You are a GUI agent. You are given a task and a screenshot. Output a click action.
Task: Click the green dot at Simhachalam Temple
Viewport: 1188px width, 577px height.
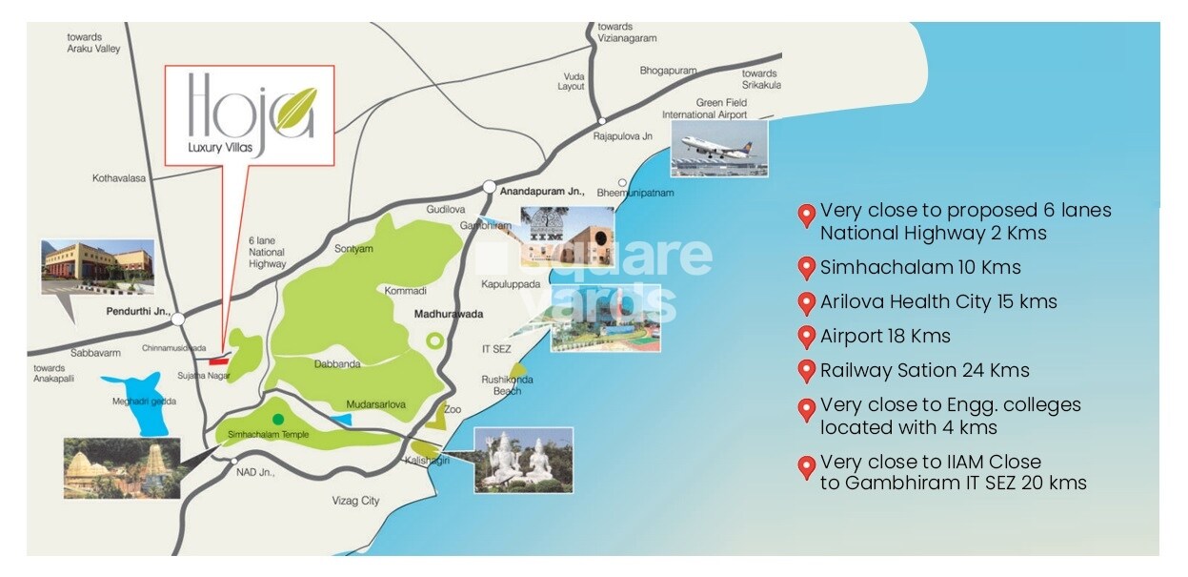click(x=277, y=419)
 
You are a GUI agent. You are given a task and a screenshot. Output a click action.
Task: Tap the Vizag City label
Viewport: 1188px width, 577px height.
click(x=355, y=501)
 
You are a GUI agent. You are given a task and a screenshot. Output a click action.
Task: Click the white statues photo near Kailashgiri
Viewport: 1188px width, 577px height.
click(x=523, y=460)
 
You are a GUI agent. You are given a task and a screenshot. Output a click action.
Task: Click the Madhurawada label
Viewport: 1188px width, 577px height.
click(x=449, y=314)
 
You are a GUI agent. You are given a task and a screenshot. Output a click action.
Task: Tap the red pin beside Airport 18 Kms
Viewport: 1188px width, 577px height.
click(x=806, y=337)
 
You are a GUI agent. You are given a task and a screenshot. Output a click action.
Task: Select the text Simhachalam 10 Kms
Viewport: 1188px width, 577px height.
click(x=920, y=267)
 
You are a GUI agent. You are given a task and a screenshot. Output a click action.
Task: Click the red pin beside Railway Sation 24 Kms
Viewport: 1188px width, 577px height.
click(x=806, y=371)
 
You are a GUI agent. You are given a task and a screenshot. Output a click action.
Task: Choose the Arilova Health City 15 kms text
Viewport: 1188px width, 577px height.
click(x=938, y=301)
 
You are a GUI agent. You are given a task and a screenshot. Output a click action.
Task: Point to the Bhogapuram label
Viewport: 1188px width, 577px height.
click(x=669, y=71)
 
